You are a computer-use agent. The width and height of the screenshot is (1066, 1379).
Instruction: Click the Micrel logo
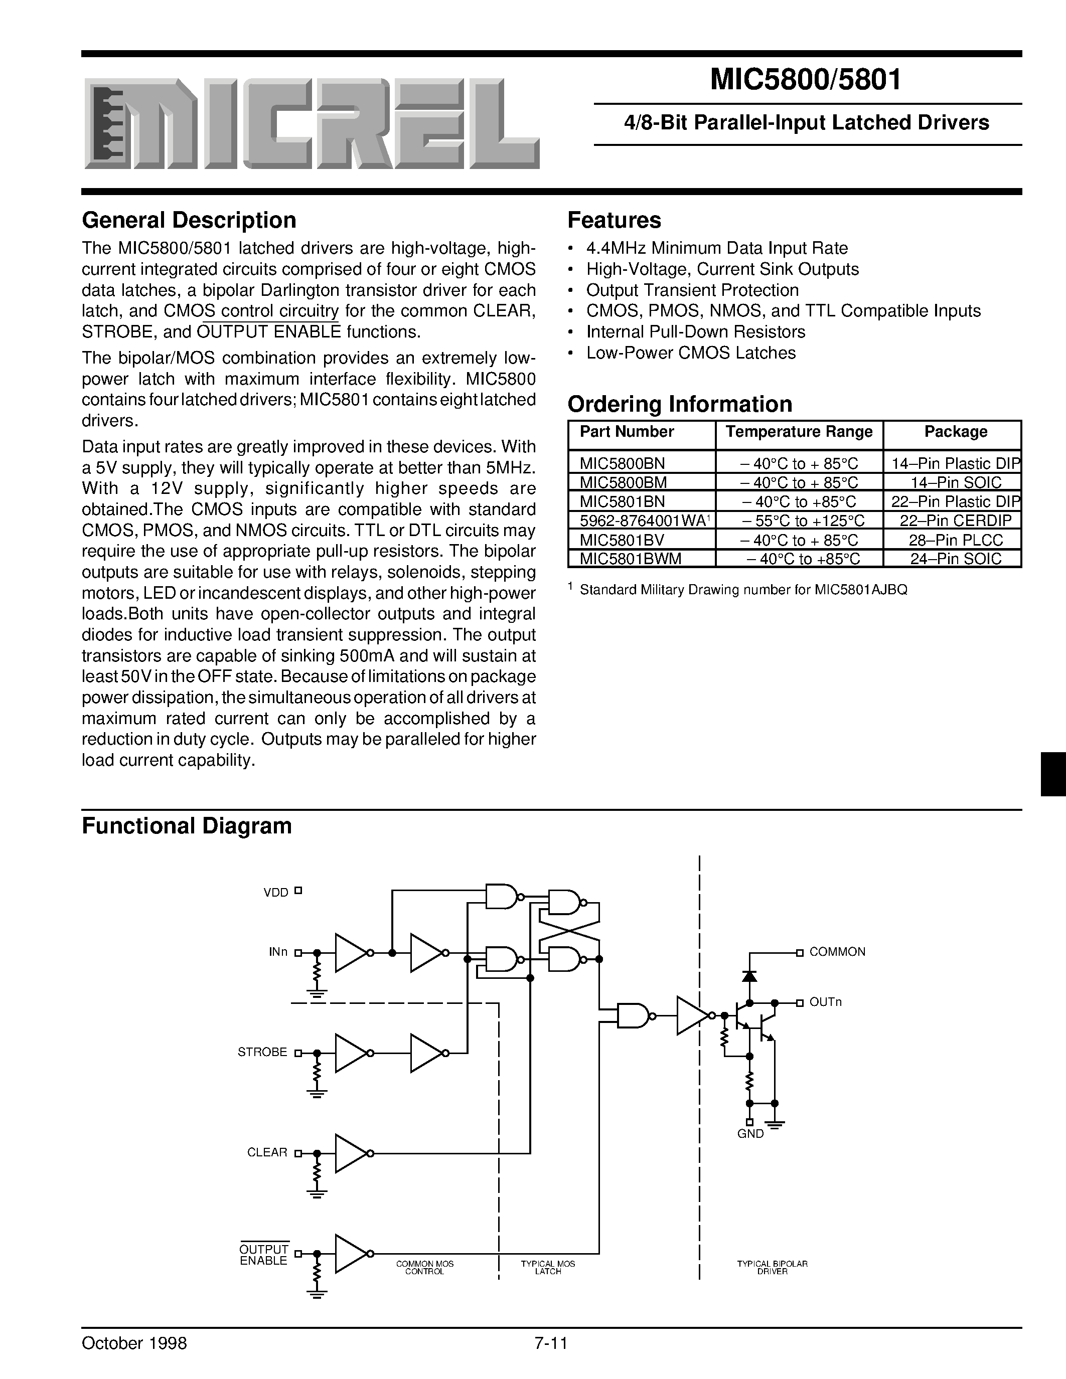312,124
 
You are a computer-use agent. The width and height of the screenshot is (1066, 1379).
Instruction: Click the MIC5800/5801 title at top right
806,80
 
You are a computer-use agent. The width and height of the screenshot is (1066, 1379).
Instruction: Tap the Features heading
614,220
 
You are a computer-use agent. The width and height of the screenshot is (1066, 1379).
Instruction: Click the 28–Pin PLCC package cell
956,540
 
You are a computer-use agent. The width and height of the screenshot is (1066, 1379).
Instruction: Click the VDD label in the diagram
275,892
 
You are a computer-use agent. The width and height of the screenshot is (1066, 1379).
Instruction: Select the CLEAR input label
267,1152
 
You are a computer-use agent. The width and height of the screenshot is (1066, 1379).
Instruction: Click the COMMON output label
837,952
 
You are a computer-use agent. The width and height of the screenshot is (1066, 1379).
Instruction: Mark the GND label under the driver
750,1133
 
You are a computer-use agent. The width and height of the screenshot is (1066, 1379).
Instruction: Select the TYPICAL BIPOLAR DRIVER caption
773,1267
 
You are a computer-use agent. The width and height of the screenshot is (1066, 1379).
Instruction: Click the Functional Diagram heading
187,826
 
